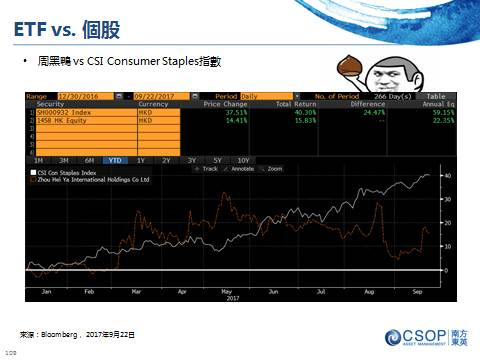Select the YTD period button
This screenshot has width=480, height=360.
pyautogui.click(x=115, y=160)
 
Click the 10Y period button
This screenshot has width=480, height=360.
pyautogui.click(x=243, y=160)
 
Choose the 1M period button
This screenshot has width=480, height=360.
pyautogui.click(x=38, y=160)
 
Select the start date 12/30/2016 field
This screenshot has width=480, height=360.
pyautogui.click(x=85, y=96)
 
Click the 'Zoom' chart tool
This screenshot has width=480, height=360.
pyautogui.click(x=273, y=168)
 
